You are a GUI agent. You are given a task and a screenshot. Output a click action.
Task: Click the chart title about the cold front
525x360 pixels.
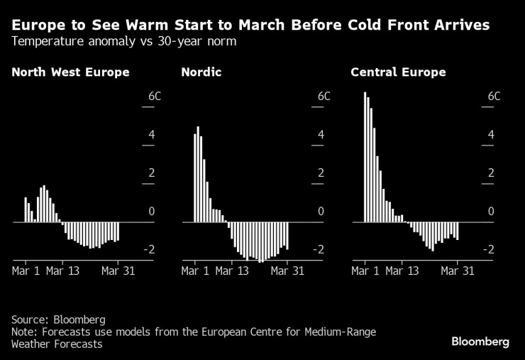(x=250, y=25)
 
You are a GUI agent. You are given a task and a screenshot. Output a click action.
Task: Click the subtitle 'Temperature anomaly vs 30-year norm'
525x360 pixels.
(x=124, y=41)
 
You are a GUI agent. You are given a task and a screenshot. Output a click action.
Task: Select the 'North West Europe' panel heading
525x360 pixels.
(x=70, y=72)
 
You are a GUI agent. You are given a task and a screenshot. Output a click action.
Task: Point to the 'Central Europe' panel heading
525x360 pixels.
(x=398, y=72)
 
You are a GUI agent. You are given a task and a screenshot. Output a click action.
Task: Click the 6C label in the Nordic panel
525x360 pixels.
(x=324, y=96)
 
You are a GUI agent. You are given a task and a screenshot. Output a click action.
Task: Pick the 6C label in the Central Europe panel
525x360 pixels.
(x=494, y=96)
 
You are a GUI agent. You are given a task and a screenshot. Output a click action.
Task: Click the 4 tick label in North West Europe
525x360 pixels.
(x=150, y=135)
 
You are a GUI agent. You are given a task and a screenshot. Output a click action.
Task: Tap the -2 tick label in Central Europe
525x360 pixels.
(x=489, y=249)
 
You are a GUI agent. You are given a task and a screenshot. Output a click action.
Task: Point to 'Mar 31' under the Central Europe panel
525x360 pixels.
(x=458, y=271)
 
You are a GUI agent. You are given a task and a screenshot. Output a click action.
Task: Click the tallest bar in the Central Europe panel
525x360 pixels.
(x=365, y=157)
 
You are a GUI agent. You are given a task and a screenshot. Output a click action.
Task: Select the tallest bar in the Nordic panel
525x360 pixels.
(x=198, y=174)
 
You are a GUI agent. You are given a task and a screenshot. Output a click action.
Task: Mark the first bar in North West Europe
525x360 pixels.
(x=26, y=209)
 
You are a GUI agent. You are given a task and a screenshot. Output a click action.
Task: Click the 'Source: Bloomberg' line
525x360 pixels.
(x=57, y=320)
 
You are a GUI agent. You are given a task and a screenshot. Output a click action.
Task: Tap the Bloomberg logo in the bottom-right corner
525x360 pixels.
(x=480, y=342)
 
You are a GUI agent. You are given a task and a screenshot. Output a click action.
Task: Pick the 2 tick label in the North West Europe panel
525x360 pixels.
(x=151, y=173)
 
